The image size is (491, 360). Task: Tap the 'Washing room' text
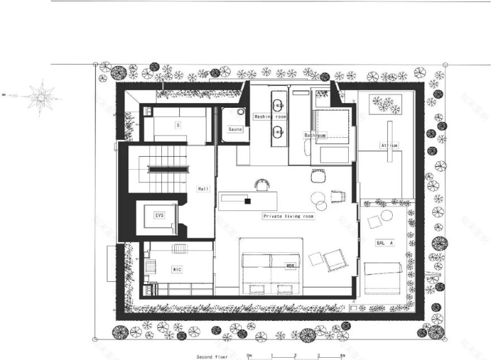point(270,117)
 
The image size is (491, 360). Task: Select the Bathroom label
point(315,135)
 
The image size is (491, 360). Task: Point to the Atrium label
point(389,145)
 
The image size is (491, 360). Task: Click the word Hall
point(204,189)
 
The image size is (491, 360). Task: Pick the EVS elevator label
point(160,215)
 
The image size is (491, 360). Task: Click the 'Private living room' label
point(288,215)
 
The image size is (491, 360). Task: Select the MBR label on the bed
point(290,266)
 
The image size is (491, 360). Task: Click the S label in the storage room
point(178,125)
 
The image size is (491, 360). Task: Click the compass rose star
point(41,98)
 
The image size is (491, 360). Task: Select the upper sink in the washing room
point(278,103)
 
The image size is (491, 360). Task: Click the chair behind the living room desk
point(261,184)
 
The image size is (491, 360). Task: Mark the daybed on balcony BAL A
point(383,277)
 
